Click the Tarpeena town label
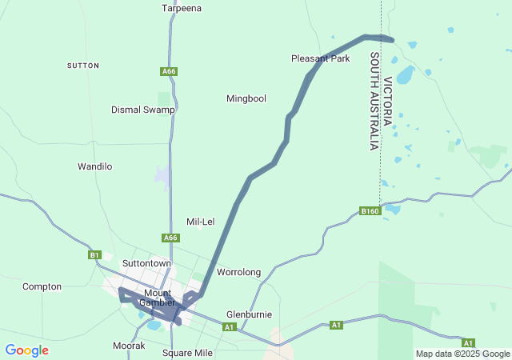(182, 8)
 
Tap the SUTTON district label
(83, 65)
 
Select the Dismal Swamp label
(142, 110)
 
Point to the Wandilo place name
(94, 166)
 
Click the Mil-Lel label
(200, 222)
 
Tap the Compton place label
(42, 286)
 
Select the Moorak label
(129, 346)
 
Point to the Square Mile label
(187, 353)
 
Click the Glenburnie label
(250, 314)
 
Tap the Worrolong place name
(239, 272)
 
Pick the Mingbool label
(246, 98)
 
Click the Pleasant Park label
(320, 58)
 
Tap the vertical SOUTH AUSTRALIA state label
(373, 102)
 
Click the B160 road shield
(369, 211)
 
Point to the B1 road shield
(94, 255)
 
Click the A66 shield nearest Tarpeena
(168, 72)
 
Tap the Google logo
(26, 350)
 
